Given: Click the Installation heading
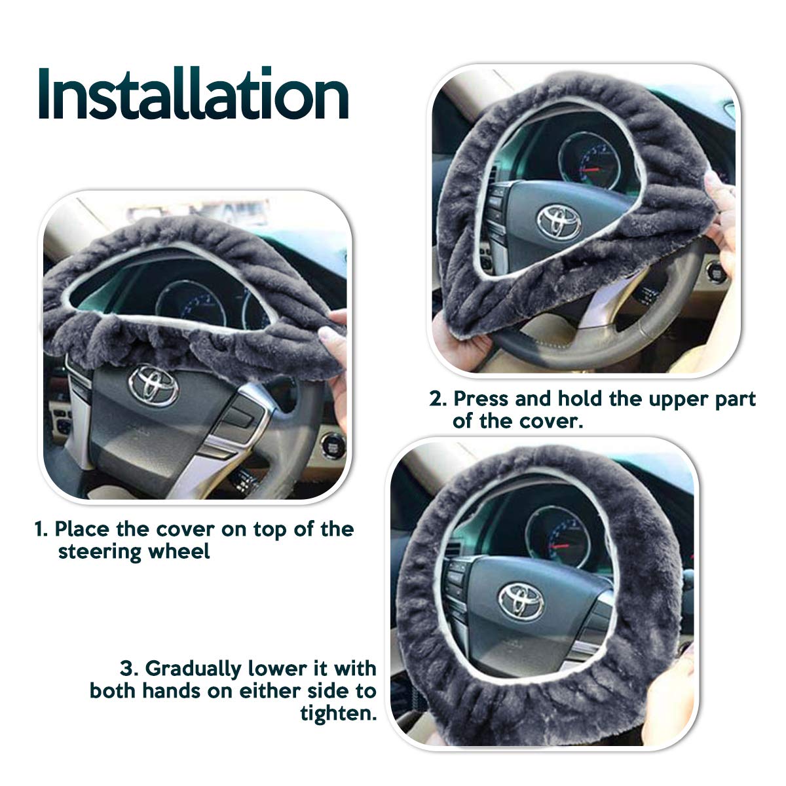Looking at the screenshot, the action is coord(193,93).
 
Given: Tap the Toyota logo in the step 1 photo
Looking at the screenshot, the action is coord(153,385).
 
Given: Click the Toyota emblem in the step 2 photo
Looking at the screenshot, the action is coord(559,222).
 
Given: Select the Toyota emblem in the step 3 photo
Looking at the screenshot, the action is coord(521,601).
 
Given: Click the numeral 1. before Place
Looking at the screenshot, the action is coord(42,529).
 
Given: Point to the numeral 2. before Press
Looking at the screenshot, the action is coord(438,399).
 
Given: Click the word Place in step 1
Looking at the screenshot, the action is coord(82,529).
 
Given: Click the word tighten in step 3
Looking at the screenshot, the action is coord(338,713).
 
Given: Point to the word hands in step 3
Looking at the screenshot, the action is coord(172,691).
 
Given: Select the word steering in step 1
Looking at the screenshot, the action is coord(100,553).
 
